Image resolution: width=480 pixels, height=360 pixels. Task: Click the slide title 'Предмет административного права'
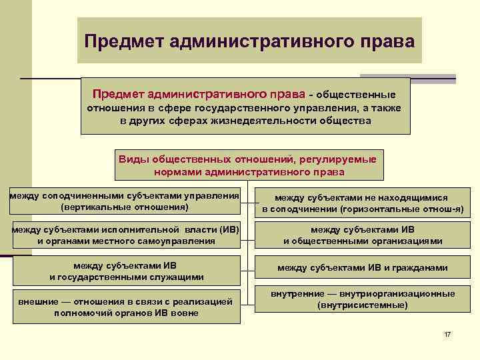pos(249,41)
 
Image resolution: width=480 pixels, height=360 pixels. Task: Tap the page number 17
pos(447,333)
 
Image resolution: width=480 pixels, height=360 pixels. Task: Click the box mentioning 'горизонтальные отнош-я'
pos(362,203)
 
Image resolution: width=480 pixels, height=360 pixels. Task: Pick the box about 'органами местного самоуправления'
pos(126,235)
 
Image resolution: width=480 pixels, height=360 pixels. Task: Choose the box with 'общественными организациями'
pos(362,235)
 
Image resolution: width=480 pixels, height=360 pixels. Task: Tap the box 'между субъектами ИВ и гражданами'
pos(362,268)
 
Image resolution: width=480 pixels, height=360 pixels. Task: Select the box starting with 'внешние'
pos(126,307)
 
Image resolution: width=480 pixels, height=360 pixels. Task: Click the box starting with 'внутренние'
pos(362,299)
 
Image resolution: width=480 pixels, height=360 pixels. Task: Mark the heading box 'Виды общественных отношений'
pos(249,165)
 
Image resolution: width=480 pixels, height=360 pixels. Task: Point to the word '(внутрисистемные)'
pos(363,305)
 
